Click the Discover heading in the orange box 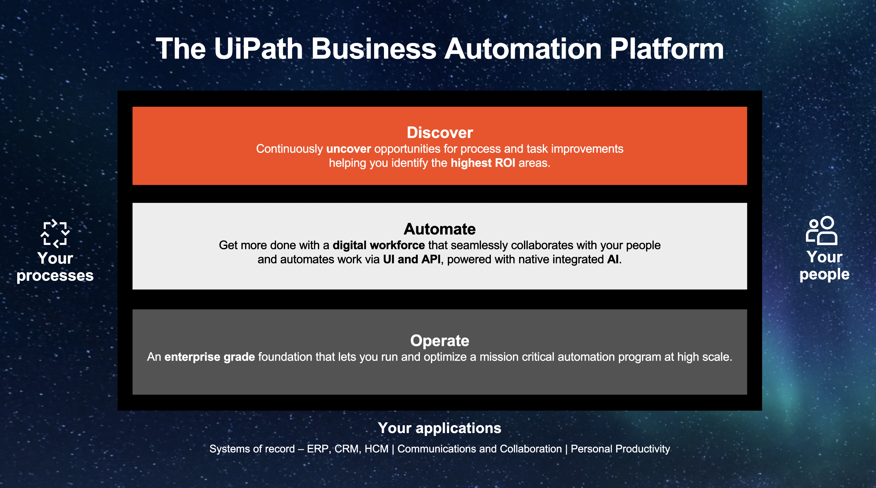click(x=440, y=133)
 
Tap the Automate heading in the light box click(x=440, y=229)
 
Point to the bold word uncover click(x=349, y=149)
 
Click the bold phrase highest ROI click(x=483, y=163)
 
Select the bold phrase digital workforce click(x=379, y=245)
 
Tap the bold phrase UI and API click(x=412, y=259)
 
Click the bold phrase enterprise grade click(x=209, y=357)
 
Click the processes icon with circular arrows click(x=55, y=234)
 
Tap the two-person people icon click(x=822, y=230)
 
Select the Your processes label click(x=55, y=267)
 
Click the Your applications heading click(x=440, y=428)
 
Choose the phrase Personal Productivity click(x=620, y=449)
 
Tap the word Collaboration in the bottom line click(x=531, y=449)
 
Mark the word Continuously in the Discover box click(x=289, y=149)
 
